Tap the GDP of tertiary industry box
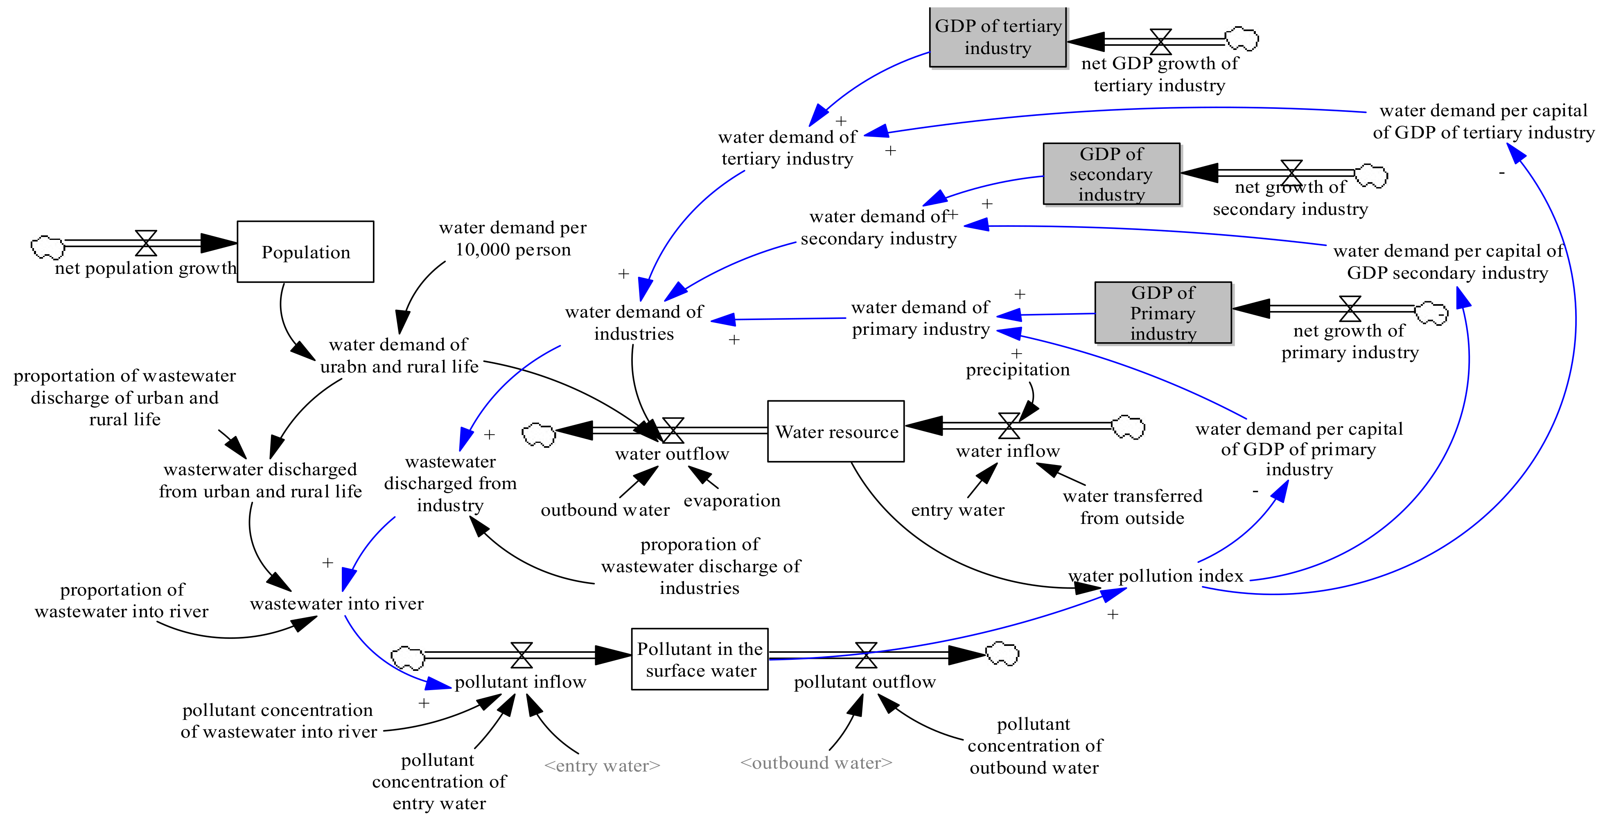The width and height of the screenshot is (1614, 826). click(998, 36)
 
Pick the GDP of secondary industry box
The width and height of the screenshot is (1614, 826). click(1111, 174)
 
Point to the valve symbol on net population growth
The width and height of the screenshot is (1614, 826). click(146, 243)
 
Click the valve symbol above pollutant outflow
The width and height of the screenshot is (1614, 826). click(866, 655)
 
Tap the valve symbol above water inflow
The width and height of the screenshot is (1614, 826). click(1009, 426)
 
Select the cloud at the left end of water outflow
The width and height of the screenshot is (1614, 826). click(539, 434)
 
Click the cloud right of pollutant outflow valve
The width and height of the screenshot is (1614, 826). click(1002, 654)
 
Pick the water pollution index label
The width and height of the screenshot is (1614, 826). click(1156, 575)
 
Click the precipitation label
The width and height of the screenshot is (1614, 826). click(1018, 370)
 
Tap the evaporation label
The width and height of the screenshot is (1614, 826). click(732, 500)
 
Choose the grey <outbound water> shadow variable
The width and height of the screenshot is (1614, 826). click(816, 763)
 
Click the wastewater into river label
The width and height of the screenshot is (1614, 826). click(336, 603)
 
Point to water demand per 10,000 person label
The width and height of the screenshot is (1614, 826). click(512, 238)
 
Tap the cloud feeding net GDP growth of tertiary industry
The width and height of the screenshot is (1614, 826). click(1241, 39)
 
